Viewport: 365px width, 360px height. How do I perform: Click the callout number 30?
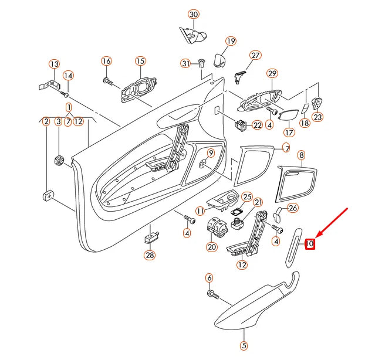point(193,13)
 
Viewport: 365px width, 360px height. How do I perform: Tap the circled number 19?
point(230,41)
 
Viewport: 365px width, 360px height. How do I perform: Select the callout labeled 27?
point(255,55)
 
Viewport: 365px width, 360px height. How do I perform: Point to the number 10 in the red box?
point(310,243)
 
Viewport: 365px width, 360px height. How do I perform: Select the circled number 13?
point(54,63)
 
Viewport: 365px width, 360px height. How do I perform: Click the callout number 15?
point(140,61)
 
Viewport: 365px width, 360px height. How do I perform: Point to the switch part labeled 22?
point(241,125)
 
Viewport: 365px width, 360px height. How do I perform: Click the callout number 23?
point(317,116)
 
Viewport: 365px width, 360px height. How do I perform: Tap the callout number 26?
point(293,208)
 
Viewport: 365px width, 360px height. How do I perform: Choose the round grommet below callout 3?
point(59,160)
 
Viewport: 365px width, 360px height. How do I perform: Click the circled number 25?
point(247,197)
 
